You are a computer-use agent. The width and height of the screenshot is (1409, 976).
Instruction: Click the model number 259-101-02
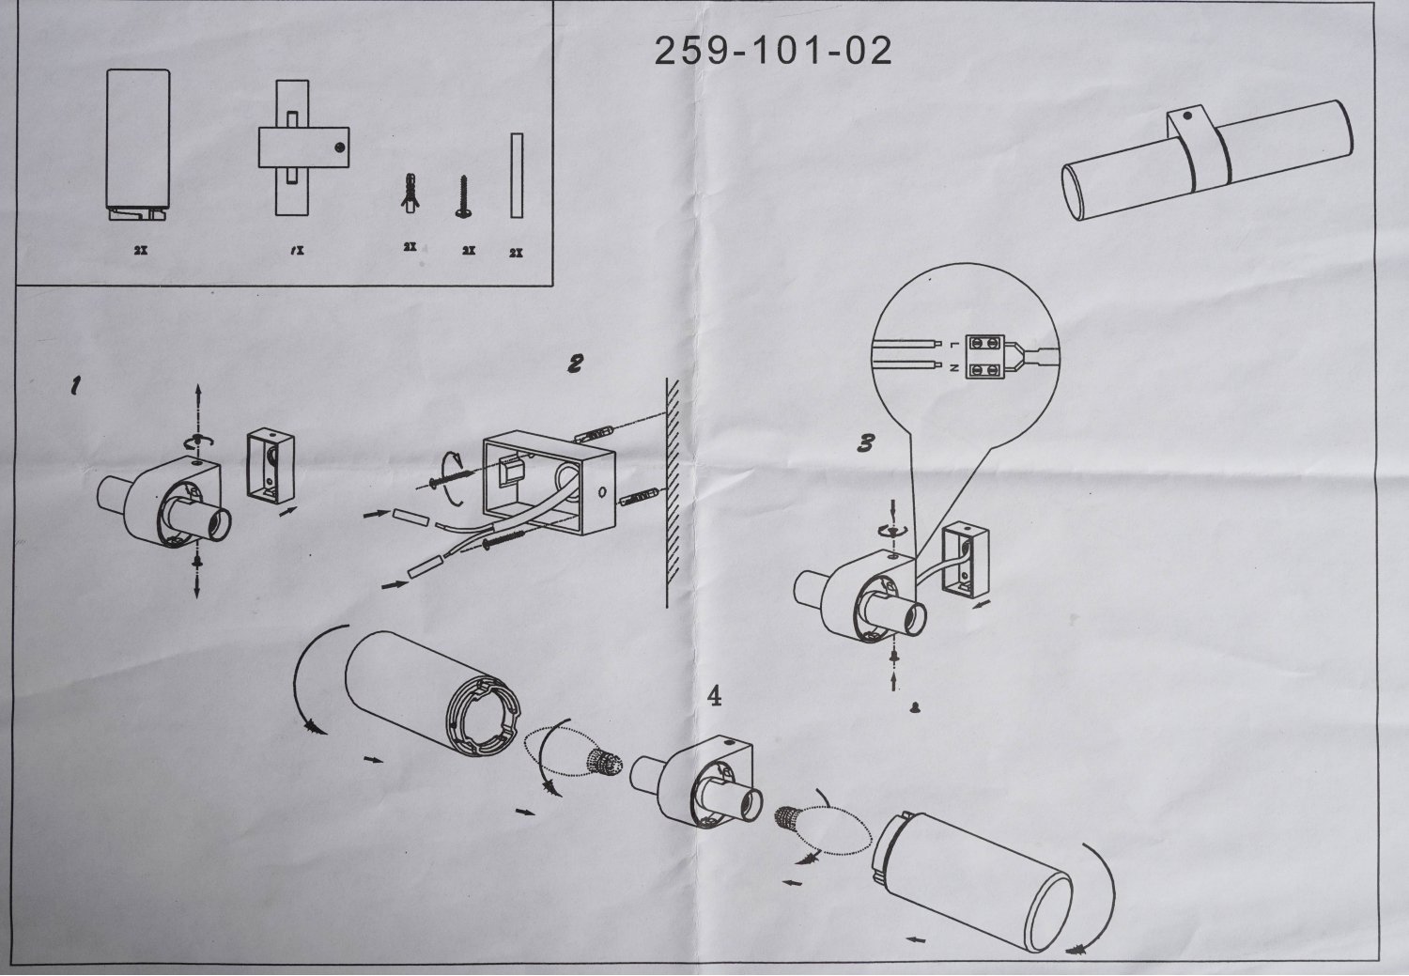773,51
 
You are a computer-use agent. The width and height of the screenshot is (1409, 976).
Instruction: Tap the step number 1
76,385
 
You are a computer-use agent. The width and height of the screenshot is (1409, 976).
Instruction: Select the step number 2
575,364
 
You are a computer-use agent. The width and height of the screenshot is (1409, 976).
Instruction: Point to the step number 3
866,443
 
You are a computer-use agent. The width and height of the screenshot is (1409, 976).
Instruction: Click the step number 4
715,696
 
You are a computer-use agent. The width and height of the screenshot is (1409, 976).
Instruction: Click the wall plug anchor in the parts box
410,194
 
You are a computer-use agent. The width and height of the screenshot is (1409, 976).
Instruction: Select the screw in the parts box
464,197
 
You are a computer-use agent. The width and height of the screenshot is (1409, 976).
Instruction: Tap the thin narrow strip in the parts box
517,176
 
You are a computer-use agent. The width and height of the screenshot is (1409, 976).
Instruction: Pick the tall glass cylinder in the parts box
138,145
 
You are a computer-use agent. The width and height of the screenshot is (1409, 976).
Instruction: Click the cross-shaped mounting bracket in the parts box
303,147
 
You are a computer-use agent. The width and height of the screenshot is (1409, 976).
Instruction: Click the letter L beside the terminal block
953,344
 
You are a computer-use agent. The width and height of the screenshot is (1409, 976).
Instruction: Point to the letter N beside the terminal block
953,368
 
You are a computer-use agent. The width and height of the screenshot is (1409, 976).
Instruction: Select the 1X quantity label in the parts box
298,250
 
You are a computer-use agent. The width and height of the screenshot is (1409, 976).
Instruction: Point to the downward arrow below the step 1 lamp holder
197,578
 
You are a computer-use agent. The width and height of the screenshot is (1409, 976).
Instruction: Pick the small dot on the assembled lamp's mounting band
1187,116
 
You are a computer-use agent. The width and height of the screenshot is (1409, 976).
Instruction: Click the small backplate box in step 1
271,466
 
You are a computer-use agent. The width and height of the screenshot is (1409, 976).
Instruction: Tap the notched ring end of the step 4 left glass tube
483,716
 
